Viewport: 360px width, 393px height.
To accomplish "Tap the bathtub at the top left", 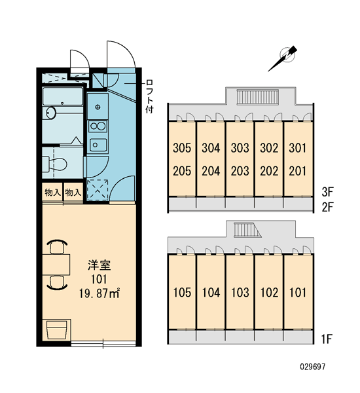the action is coord(63,96).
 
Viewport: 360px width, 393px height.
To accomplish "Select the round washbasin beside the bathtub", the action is coord(51,113).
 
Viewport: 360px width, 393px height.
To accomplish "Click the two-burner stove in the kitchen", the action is coord(98,126).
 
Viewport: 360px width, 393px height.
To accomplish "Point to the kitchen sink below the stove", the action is coord(98,145).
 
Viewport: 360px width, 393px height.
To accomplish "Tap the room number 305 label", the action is coord(182,148).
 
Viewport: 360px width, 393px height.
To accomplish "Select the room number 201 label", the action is coord(298,171).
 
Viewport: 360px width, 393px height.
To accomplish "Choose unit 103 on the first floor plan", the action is coord(240,293).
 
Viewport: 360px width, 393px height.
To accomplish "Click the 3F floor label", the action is coord(327,192).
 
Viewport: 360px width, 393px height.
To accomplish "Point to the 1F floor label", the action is coord(327,339).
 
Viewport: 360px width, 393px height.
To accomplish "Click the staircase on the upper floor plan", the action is coord(258,97).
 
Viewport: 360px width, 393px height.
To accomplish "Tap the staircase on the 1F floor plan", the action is coord(247,230).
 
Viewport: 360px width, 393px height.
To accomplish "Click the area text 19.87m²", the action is coord(99,293).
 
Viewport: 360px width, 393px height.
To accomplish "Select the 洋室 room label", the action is coord(99,265).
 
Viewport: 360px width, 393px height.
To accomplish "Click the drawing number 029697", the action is coord(313,367).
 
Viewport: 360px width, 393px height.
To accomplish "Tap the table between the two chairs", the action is coord(56,265).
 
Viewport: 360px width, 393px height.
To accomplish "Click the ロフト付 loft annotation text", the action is coord(149,96).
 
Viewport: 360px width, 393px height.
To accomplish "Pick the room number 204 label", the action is coord(211,171).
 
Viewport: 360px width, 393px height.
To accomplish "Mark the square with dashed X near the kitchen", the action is coord(98,189).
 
